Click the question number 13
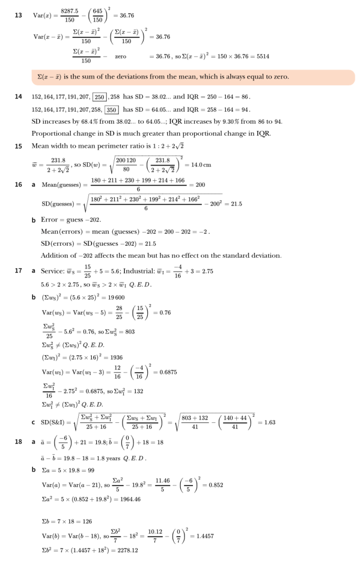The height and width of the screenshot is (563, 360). tap(18, 15)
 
